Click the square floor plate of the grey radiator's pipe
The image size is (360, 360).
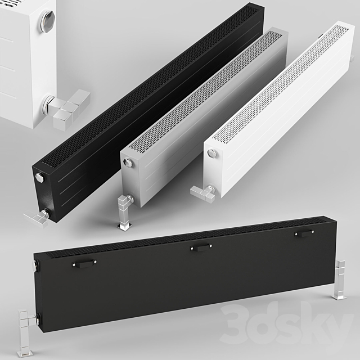(x=124, y=226)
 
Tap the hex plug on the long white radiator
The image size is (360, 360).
(x=211, y=154)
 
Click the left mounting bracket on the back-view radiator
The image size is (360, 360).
(x=85, y=263)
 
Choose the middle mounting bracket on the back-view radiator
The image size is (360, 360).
(x=201, y=246)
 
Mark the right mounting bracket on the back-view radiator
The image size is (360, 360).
(x=304, y=232)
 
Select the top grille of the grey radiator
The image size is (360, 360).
(x=208, y=90)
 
